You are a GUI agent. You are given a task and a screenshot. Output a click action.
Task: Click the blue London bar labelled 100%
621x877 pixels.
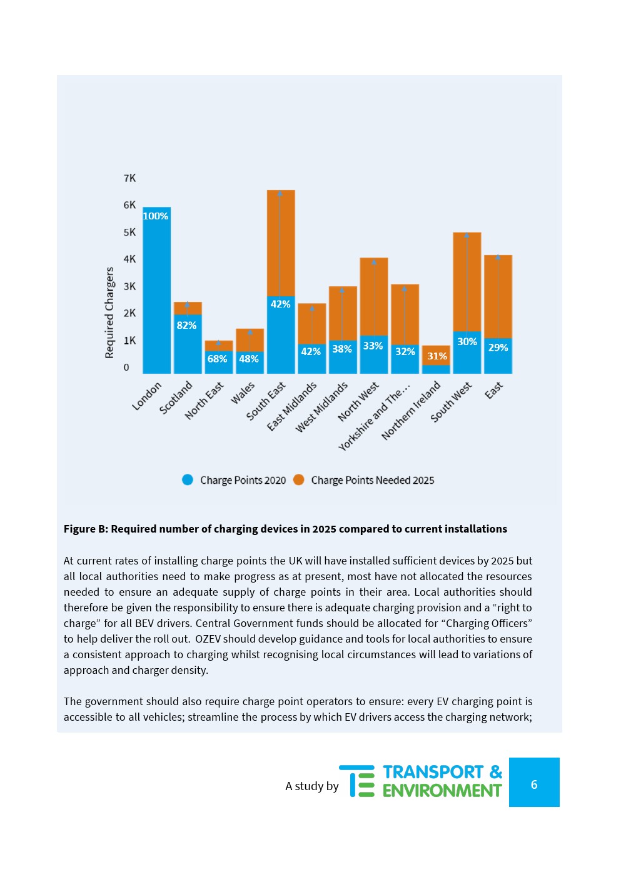tap(156, 294)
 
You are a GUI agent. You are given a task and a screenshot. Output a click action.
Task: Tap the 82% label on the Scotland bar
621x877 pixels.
tap(186, 325)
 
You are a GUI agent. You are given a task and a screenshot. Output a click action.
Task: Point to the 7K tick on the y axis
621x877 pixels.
tap(129, 178)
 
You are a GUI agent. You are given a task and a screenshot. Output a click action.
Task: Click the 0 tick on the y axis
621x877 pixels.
tap(126, 368)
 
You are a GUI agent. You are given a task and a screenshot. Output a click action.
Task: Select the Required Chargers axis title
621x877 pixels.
tap(109, 313)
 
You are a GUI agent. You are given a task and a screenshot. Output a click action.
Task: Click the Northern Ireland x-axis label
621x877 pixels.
tap(411, 411)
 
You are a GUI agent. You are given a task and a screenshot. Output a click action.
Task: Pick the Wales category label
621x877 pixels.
tap(243, 393)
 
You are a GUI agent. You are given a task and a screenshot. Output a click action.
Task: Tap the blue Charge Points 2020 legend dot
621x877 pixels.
tap(188, 479)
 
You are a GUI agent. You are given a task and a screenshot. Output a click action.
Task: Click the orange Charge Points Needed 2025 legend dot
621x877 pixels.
tap(299, 479)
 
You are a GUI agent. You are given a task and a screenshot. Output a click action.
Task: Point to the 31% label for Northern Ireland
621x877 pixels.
tap(437, 356)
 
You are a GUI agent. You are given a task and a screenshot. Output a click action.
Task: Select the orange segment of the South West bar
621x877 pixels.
tap(467, 281)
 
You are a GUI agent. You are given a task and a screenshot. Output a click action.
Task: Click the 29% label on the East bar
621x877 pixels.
tap(498, 348)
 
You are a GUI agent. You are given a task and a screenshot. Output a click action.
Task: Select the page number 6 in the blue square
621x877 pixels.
tap(534, 784)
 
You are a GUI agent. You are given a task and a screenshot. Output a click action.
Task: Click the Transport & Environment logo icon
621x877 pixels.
tap(357, 781)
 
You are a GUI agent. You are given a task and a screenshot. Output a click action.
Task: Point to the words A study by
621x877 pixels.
tap(312, 786)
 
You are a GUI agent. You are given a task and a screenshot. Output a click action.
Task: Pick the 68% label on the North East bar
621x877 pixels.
tap(218, 359)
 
